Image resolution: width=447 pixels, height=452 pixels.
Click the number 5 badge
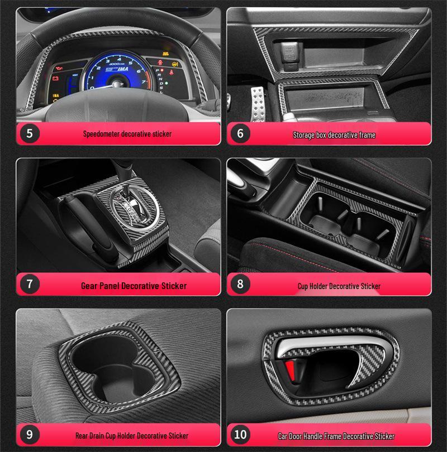[x=30, y=134]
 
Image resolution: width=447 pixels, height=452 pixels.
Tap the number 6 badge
[x=240, y=134]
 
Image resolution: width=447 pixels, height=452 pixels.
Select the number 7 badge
[x=30, y=284]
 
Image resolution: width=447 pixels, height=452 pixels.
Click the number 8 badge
[x=240, y=284]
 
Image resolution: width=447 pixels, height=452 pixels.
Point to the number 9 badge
[x=30, y=434]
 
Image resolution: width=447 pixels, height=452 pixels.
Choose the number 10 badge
[x=240, y=434]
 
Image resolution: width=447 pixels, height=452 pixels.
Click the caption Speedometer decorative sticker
[x=127, y=134]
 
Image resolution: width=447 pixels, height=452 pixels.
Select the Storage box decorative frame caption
[x=334, y=135]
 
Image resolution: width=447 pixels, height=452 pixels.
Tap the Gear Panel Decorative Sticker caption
[x=134, y=286]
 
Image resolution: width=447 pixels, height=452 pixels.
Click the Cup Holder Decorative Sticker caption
[x=339, y=286]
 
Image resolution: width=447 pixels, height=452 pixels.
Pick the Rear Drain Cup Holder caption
[x=132, y=435]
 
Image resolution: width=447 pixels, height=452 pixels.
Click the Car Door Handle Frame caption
[x=336, y=436]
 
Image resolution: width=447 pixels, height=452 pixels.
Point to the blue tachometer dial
[x=115, y=73]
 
